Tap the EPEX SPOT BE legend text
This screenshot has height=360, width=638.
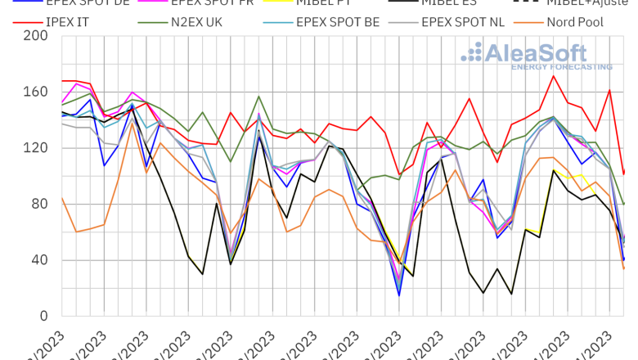(x=344, y=22)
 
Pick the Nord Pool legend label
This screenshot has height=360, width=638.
(x=575, y=22)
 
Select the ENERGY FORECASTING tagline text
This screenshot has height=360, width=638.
(x=561, y=66)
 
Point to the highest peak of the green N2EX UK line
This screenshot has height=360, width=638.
(x=258, y=97)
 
